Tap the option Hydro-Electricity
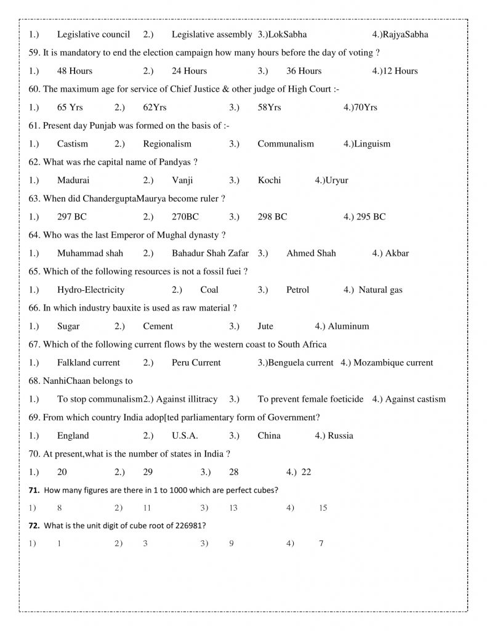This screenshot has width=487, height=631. [x=91, y=290]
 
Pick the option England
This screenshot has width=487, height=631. [x=73, y=436]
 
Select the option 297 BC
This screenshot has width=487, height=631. [x=72, y=217]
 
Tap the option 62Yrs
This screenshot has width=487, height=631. [x=155, y=107]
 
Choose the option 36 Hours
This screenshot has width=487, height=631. [x=304, y=71]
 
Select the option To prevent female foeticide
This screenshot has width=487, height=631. [x=310, y=399]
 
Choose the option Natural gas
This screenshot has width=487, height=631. [x=380, y=290]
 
